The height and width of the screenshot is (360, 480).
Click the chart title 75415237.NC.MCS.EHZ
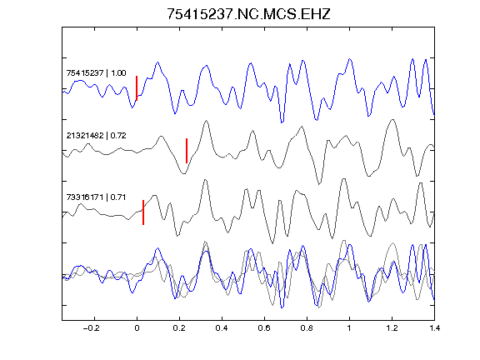tap(248, 14)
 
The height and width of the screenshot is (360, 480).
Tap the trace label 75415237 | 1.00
tap(96, 72)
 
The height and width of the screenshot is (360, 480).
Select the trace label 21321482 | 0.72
tap(96, 135)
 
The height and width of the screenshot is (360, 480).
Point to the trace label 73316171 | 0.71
tap(96, 197)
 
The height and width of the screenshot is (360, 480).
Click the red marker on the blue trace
tap(137, 88)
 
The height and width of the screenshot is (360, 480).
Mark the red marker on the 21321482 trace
tap(187, 151)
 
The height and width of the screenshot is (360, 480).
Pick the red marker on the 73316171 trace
tap(143, 212)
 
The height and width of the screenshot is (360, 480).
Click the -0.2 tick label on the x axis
tap(92, 328)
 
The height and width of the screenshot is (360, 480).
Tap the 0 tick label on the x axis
tap(137, 328)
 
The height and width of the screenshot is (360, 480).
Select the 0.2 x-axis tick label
tap(179, 328)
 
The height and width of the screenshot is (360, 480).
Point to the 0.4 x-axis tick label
tap(222, 328)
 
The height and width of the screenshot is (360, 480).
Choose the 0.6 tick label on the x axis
tap(264, 328)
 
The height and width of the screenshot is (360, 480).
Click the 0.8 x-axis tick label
tap(307, 328)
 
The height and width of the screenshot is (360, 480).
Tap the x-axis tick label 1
tap(349, 328)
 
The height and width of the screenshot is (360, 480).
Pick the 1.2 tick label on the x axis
tap(392, 328)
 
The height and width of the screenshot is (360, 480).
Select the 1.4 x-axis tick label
tap(434, 328)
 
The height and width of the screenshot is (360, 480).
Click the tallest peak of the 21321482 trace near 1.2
tap(392, 120)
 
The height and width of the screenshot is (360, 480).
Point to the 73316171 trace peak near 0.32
tap(205, 180)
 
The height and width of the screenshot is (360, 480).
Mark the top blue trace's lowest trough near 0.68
tap(282, 122)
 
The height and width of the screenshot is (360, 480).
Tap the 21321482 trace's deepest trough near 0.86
tap(319, 184)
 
